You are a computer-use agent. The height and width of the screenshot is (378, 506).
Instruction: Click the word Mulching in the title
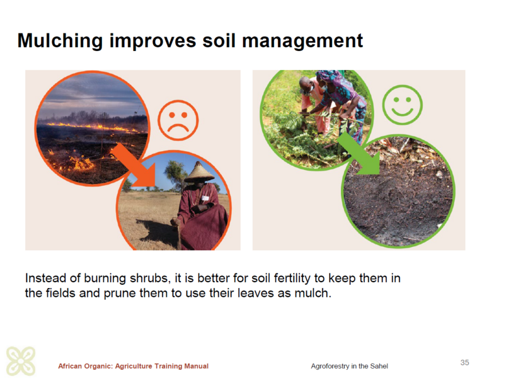click(x=60, y=42)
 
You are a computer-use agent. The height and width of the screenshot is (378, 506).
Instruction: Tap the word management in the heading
click(x=302, y=41)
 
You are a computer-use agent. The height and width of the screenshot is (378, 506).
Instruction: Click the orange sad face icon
click(x=178, y=120)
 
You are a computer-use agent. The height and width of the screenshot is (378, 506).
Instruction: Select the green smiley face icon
click(x=402, y=105)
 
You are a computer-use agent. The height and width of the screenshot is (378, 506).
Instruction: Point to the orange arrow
click(x=135, y=166)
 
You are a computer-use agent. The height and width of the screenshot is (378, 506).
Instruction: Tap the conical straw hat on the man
click(x=199, y=172)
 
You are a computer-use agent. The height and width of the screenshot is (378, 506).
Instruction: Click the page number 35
click(x=464, y=362)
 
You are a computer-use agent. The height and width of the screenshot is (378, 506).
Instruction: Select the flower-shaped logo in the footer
click(x=21, y=361)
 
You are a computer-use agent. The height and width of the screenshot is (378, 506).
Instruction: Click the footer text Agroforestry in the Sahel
click(x=349, y=366)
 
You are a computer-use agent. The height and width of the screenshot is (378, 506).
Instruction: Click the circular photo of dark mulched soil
click(x=398, y=191)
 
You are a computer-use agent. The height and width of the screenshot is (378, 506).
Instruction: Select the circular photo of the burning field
click(x=92, y=128)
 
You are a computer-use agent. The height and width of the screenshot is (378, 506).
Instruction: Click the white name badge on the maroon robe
click(x=205, y=198)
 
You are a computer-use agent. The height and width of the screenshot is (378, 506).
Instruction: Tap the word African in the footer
click(x=70, y=366)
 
